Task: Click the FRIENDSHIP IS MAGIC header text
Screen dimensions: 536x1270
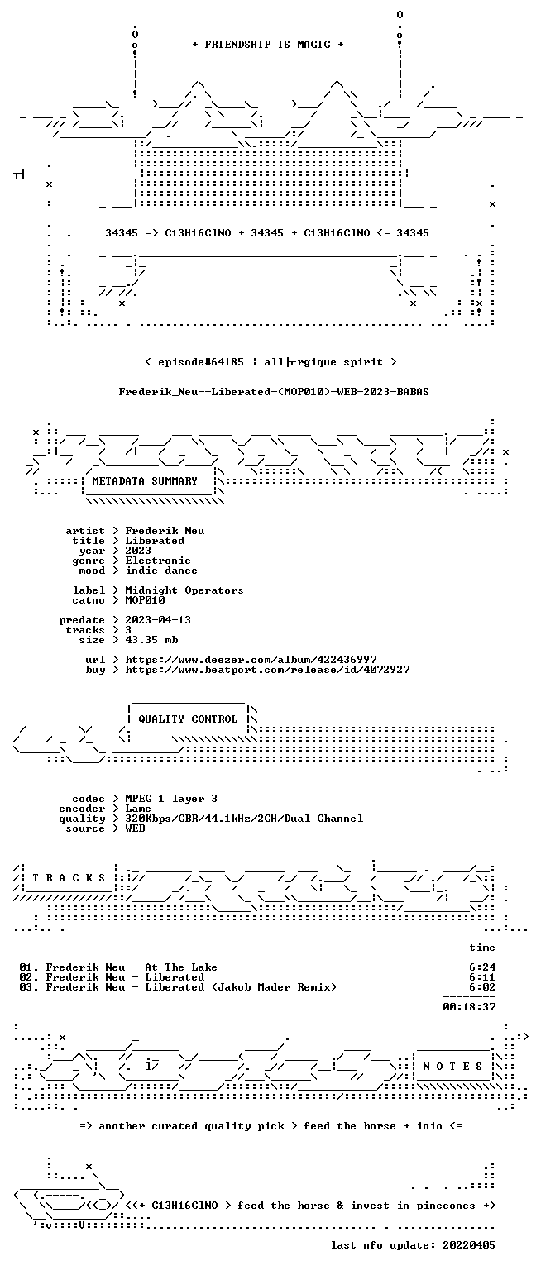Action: (268, 44)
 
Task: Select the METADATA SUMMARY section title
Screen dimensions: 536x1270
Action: (145, 480)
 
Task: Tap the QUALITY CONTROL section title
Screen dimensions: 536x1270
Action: (188, 719)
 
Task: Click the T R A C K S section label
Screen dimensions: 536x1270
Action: (69, 877)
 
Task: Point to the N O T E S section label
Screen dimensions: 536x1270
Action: (452, 1067)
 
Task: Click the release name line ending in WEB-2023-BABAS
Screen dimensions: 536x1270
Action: (274, 392)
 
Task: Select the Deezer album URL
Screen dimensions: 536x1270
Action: (251, 659)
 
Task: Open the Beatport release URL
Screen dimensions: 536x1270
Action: (267, 670)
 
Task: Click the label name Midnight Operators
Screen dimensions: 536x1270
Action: (184, 590)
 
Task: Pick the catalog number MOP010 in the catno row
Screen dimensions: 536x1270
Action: (146, 599)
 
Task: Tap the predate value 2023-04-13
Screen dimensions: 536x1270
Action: (158, 619)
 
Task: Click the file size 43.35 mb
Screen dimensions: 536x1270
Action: (151, 639)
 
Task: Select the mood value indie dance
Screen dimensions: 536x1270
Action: (161, 571)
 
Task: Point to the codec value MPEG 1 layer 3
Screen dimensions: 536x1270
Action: (171, 798)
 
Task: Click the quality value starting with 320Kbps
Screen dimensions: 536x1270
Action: (245, 818)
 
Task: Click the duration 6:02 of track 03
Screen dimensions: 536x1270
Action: (482, 987)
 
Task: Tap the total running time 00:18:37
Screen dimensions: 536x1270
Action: (469, 1007)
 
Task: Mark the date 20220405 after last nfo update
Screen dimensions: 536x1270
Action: (469, 1245)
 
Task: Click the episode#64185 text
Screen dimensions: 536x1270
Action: (201, 362)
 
